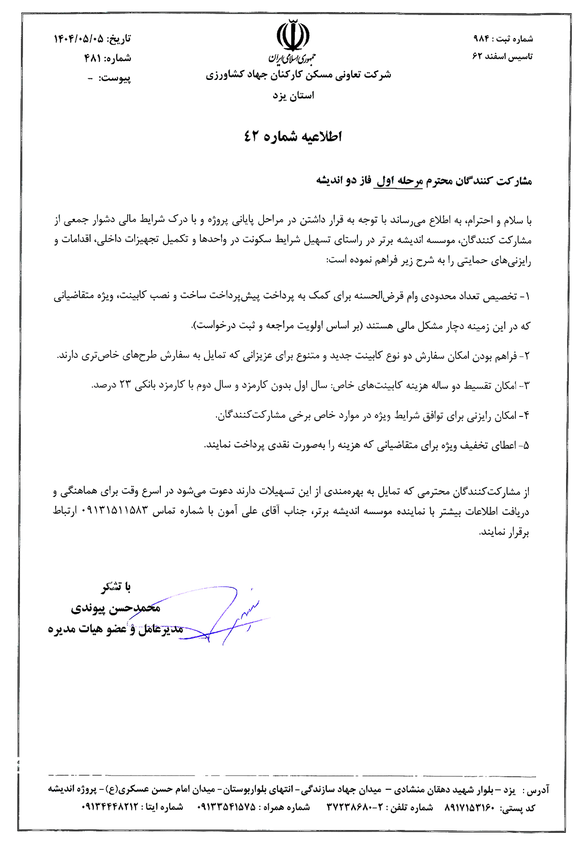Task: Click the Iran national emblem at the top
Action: click(293, 36)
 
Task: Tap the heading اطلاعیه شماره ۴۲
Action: click(293, 137)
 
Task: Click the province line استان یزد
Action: click(293, 95)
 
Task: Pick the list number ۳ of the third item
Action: click(527, 386)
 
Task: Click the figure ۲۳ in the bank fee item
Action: click(125, 385)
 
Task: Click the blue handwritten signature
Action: click(228, 617)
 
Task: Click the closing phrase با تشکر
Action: click(116, 587)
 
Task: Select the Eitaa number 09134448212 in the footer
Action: click(110, 807)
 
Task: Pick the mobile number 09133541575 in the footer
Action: click(226, 807)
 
